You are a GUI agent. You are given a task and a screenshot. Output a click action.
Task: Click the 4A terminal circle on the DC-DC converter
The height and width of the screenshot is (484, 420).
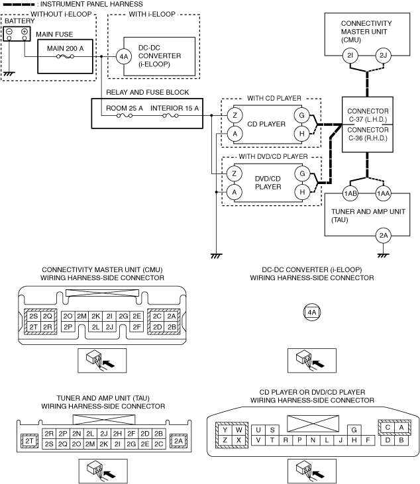(x=124, y=56)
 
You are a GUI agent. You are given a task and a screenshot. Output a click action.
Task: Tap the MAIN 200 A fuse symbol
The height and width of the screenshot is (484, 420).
(x=65, y=56)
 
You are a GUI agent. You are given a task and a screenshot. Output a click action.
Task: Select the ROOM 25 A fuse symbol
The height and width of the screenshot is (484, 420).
(x=125, y=116)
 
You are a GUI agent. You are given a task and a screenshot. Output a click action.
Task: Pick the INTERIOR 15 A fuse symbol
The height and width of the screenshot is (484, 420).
(x=170, y=116)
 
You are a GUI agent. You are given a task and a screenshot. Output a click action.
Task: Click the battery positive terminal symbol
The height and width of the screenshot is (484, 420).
(x=25, y=31)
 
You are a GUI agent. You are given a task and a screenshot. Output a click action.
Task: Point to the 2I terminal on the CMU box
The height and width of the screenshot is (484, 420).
(x=350, y=56)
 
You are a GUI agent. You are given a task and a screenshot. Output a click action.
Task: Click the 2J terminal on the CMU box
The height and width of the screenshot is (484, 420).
(x=384, y=56)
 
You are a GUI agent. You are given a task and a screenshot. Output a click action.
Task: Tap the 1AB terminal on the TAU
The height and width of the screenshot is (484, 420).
(x=350, y=193)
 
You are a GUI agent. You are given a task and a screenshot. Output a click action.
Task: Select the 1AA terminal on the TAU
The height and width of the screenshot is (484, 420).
(x=384, y=193)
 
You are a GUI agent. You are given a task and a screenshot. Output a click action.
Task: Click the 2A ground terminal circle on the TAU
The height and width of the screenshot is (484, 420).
(x=384, y=236)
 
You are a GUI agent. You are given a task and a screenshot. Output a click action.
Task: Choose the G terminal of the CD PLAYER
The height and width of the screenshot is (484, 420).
(x=301, y=115)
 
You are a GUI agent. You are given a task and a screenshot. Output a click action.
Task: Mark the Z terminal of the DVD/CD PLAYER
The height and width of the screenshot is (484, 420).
(x=235, y=173)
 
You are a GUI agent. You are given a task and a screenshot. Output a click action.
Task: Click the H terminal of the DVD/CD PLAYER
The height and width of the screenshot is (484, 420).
(x=302, y=192)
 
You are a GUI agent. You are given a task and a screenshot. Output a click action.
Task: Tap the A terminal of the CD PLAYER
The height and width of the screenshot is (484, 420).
(x=235, y=134)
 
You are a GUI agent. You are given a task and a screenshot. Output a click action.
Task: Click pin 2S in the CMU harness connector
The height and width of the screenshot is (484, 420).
(x=33, y=316)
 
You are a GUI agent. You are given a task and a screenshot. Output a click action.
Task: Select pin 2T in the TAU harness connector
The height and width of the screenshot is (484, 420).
(x=29, y=441)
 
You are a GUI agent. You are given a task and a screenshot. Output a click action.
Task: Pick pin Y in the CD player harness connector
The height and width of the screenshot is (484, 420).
(x=225, y=430)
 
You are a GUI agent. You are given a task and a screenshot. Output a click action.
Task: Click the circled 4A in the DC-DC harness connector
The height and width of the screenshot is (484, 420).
(x=312, y=313)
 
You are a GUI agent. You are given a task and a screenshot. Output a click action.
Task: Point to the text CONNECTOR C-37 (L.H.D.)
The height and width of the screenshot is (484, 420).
(x=368, y=115)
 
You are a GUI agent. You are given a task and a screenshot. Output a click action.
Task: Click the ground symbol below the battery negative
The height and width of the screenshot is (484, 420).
(x=9, y=74)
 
